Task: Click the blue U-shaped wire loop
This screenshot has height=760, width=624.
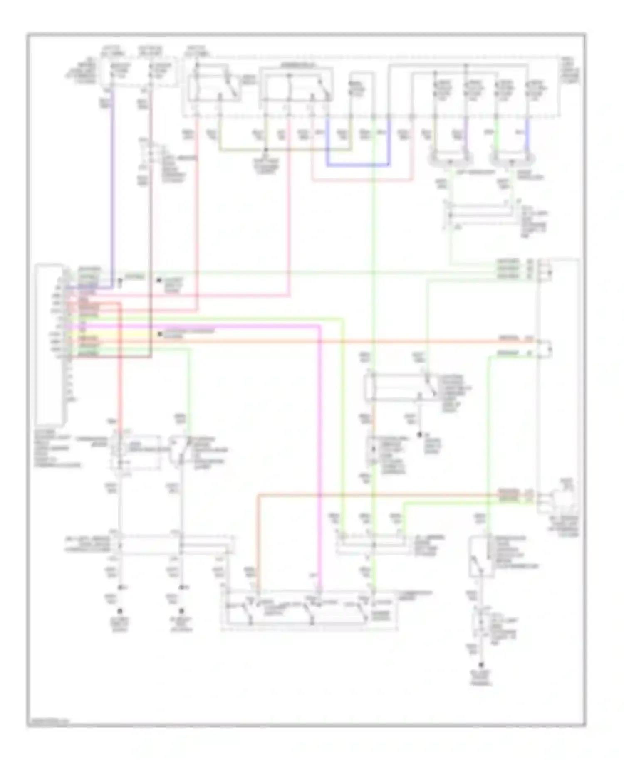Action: (358, 165)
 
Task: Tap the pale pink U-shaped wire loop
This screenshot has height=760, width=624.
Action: (362, 180)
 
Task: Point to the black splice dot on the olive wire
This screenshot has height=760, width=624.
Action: (266, 150)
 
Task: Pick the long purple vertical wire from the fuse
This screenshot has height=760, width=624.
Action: (111, 187)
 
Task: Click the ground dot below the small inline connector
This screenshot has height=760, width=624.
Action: (483, 665)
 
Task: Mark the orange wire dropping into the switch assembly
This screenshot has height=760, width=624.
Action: (258, 540)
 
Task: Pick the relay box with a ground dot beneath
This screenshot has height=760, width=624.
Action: (401, 387)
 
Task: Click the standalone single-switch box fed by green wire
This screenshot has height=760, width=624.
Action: (481, 557)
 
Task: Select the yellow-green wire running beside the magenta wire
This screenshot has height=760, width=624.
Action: (344, 416)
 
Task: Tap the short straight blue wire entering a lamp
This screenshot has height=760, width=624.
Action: (527, 137)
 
